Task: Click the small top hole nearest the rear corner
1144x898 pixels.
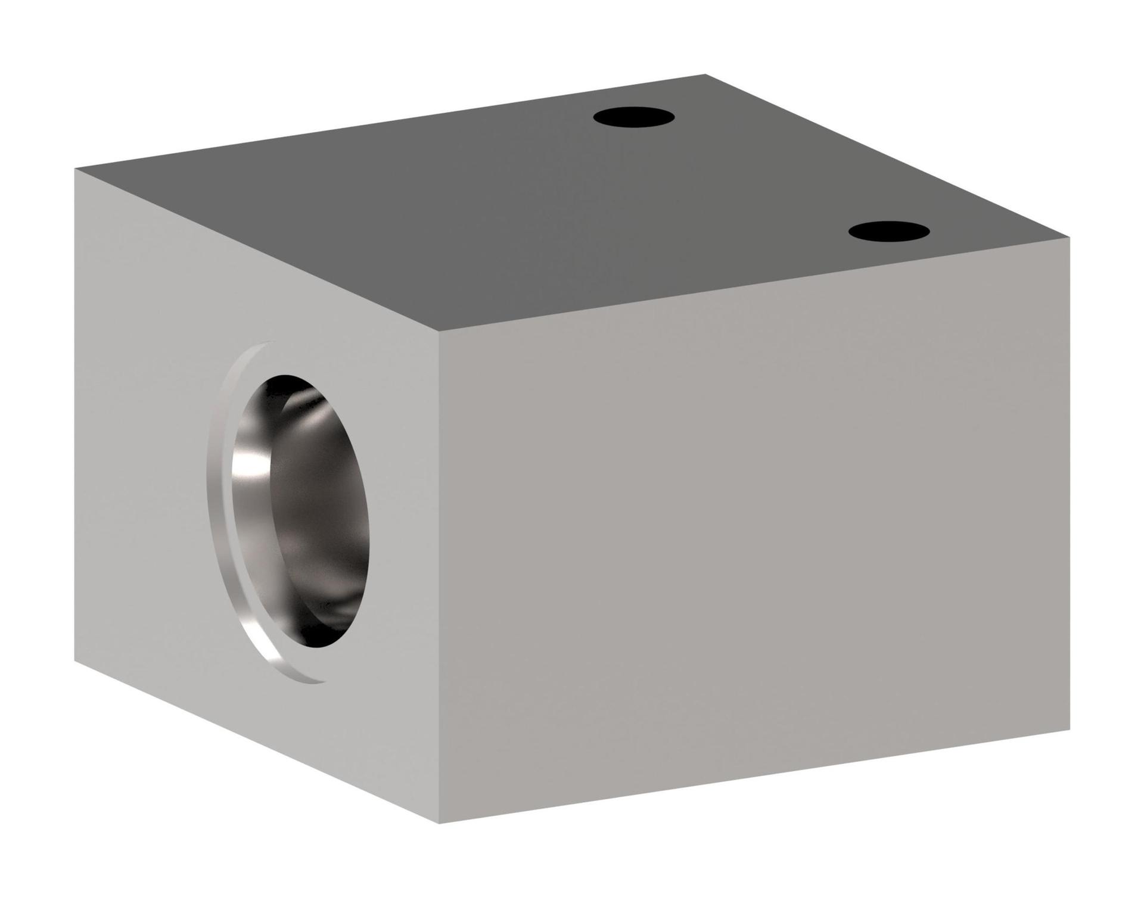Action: [633, 116]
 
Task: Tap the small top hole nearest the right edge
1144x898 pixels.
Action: [888, 232]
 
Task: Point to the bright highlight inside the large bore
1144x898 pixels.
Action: [250, 476]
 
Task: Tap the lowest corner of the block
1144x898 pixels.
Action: [439, 823]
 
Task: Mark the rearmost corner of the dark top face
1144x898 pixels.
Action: [705, 75]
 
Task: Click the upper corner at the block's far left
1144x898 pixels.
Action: [75, 169]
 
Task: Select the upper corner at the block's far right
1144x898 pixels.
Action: [1070, 238]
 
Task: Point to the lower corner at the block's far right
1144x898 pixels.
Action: [1070, 729]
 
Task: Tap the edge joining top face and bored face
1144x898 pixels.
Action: [256, 250]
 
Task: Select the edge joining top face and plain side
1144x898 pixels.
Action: [754, 284]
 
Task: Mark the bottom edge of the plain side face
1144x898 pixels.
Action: [754, 776]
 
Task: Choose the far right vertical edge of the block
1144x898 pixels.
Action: [1070, 482]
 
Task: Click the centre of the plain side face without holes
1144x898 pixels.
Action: [754, 530]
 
